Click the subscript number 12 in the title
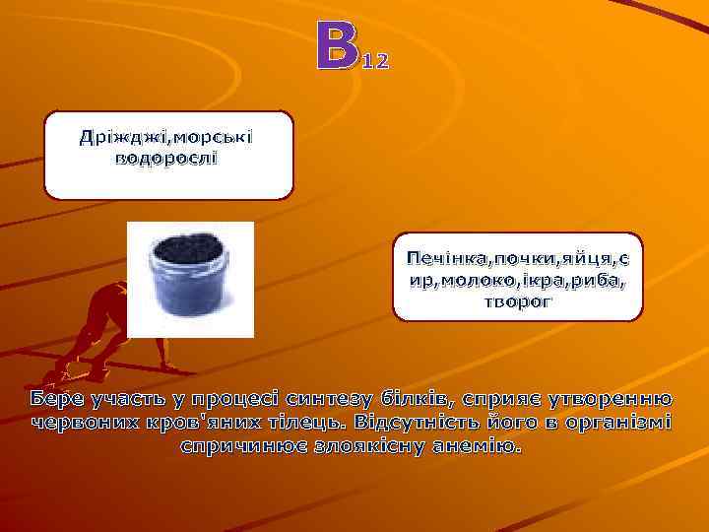pos(376,62)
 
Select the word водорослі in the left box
pos(168,158)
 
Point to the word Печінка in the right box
pos(441,258)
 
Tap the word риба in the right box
pos(596,280)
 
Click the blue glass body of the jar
pos(190,296)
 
